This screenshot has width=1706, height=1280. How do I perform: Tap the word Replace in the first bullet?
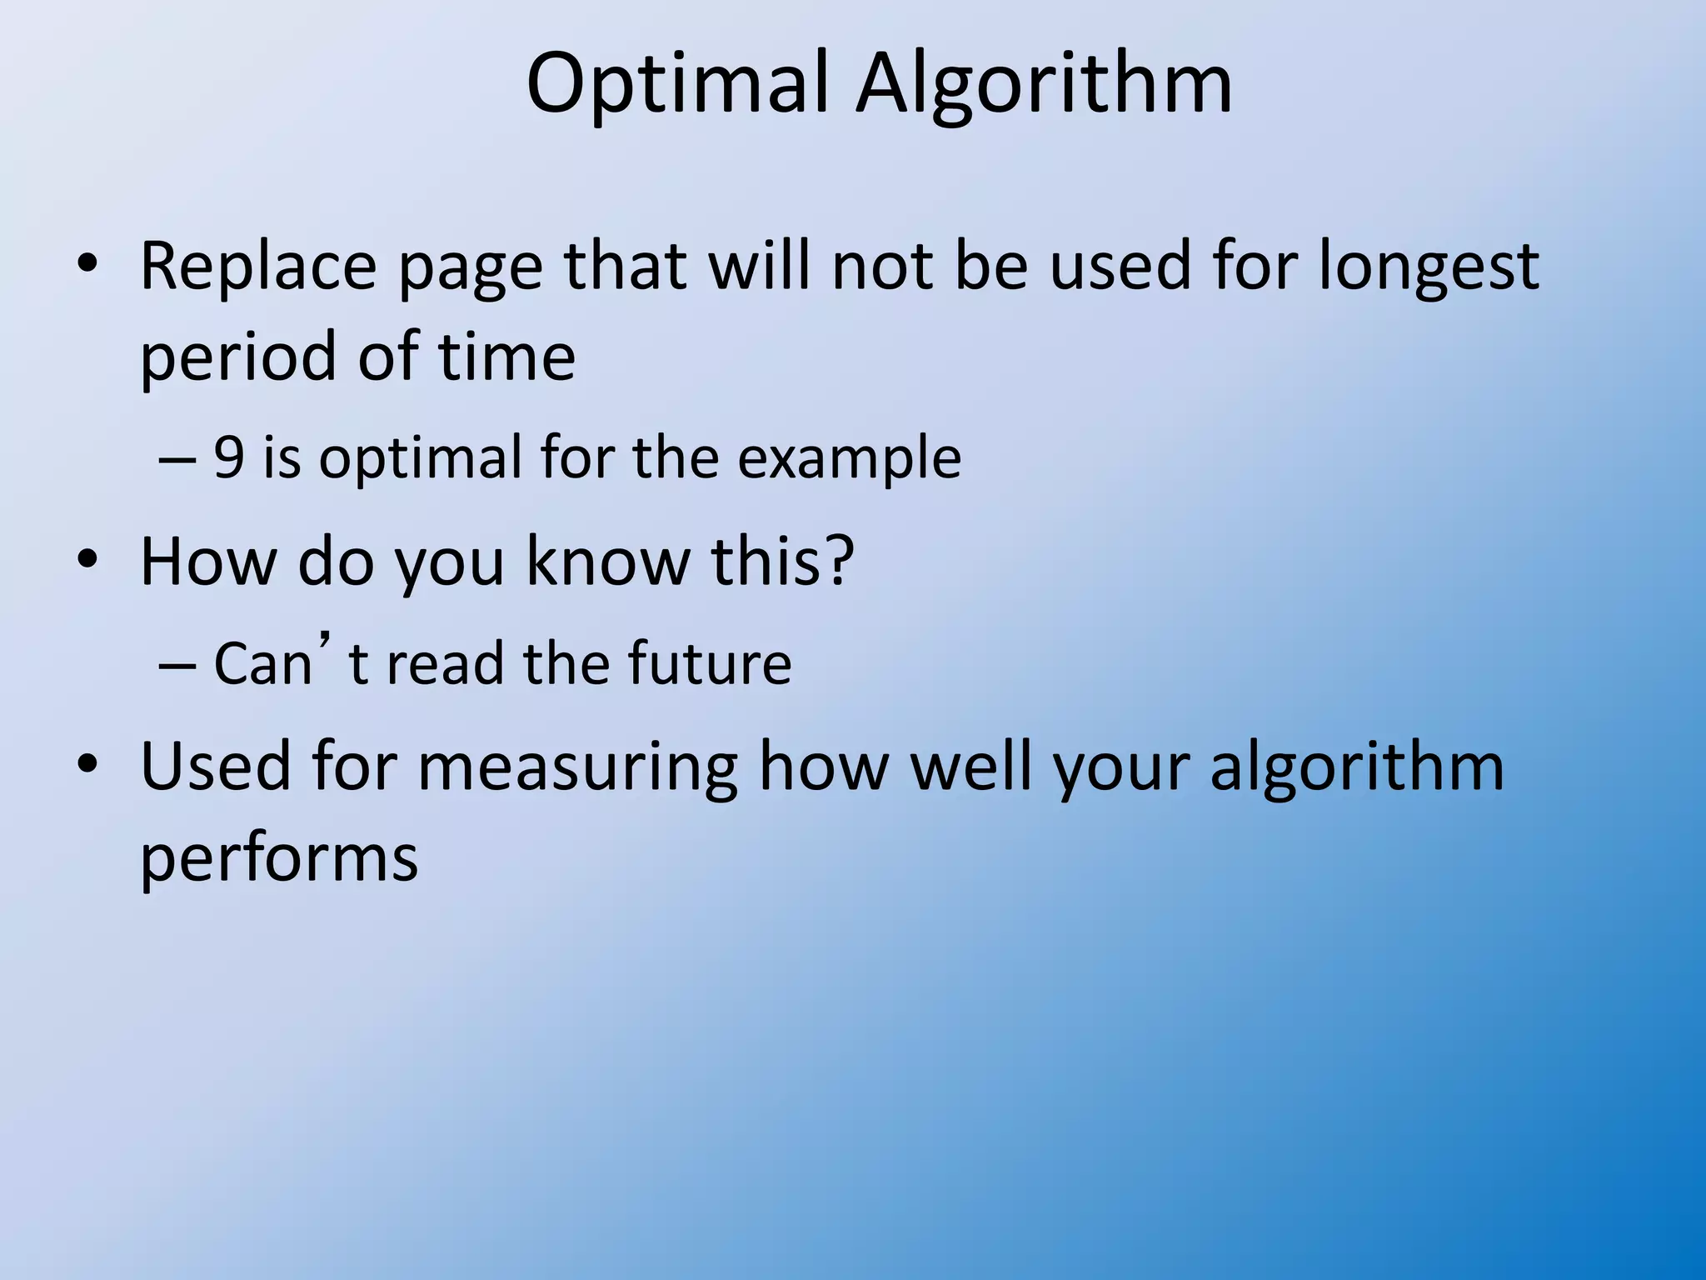coord(258,267)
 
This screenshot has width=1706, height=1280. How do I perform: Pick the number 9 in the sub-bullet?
coord(229,457)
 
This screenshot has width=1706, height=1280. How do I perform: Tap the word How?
coord(207,561)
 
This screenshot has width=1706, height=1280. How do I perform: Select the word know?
coord(608,561)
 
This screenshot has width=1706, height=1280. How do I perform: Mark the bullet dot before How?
coord(87,560)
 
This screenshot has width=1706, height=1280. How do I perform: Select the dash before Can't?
coord(177,665)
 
